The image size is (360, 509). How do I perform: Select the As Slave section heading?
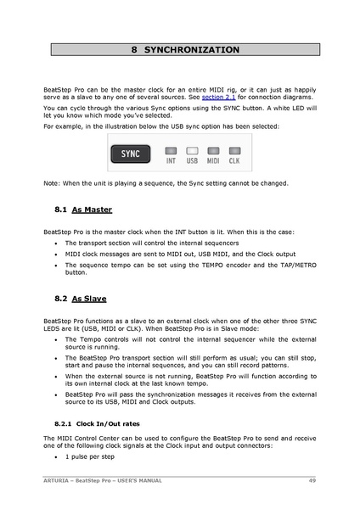coord(89,299)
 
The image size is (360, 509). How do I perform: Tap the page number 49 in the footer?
coord(312,481)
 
